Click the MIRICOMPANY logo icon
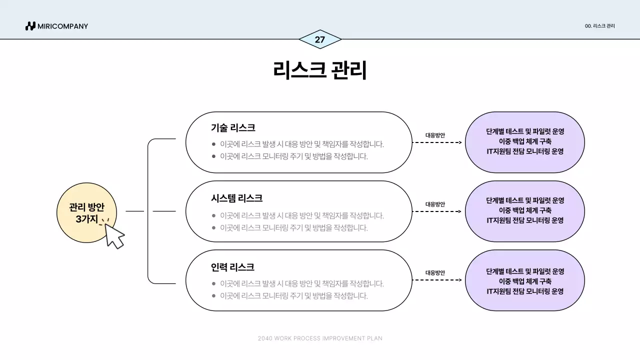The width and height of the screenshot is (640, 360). tap(30, 26)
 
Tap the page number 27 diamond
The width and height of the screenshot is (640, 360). tap(320, 39)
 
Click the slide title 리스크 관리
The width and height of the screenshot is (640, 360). tap(320, 70)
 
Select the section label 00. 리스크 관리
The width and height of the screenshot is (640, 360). tap(599, 26)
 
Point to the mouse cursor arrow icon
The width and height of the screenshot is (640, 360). tap(114, 236)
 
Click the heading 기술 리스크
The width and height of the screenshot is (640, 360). tap(233, 127)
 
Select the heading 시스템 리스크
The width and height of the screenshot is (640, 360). tap(236, 198)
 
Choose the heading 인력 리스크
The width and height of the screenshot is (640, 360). tap(232, 267)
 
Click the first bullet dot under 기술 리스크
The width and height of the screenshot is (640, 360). tap(213, 144)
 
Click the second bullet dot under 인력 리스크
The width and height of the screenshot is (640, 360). tap(213, 295)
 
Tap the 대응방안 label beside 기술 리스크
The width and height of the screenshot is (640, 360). tap(435, 135)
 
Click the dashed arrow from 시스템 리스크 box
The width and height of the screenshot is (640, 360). tap(437, 211)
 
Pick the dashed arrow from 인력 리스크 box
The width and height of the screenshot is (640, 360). tap(437, 280)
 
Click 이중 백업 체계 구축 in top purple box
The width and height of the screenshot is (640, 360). tap(525, 141)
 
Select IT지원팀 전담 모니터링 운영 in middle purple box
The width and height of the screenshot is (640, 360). tap(525, 220)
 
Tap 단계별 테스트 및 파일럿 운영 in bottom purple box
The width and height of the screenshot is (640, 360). tap(525, 271)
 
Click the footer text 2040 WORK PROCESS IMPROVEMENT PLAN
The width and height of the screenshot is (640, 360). tap(320, 338)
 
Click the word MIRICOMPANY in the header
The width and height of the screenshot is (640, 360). tap(62, 26)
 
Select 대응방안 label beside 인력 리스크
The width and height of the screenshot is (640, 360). tap(435, 273)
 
